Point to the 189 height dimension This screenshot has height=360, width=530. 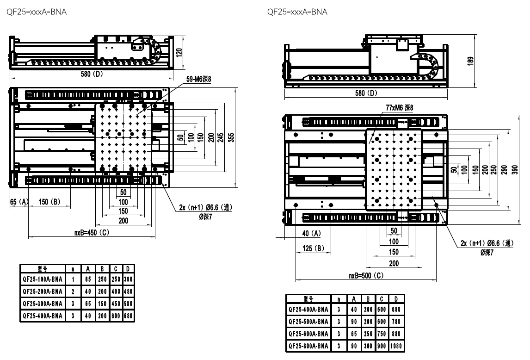[x=471, y=61]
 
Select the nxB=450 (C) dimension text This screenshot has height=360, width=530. [x=92, y=233]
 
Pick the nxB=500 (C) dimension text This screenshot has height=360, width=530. [x=366, y=275]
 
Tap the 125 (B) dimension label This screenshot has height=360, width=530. [x=312, y=248]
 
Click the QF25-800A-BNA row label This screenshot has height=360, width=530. [x=308, y=346]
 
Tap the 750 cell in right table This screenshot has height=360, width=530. [x=382, y=333]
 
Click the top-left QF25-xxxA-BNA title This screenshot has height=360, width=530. [x=36, y=12]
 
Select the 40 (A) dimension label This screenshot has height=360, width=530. [x=311, y=233]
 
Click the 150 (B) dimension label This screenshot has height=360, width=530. [x=50, y=202]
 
